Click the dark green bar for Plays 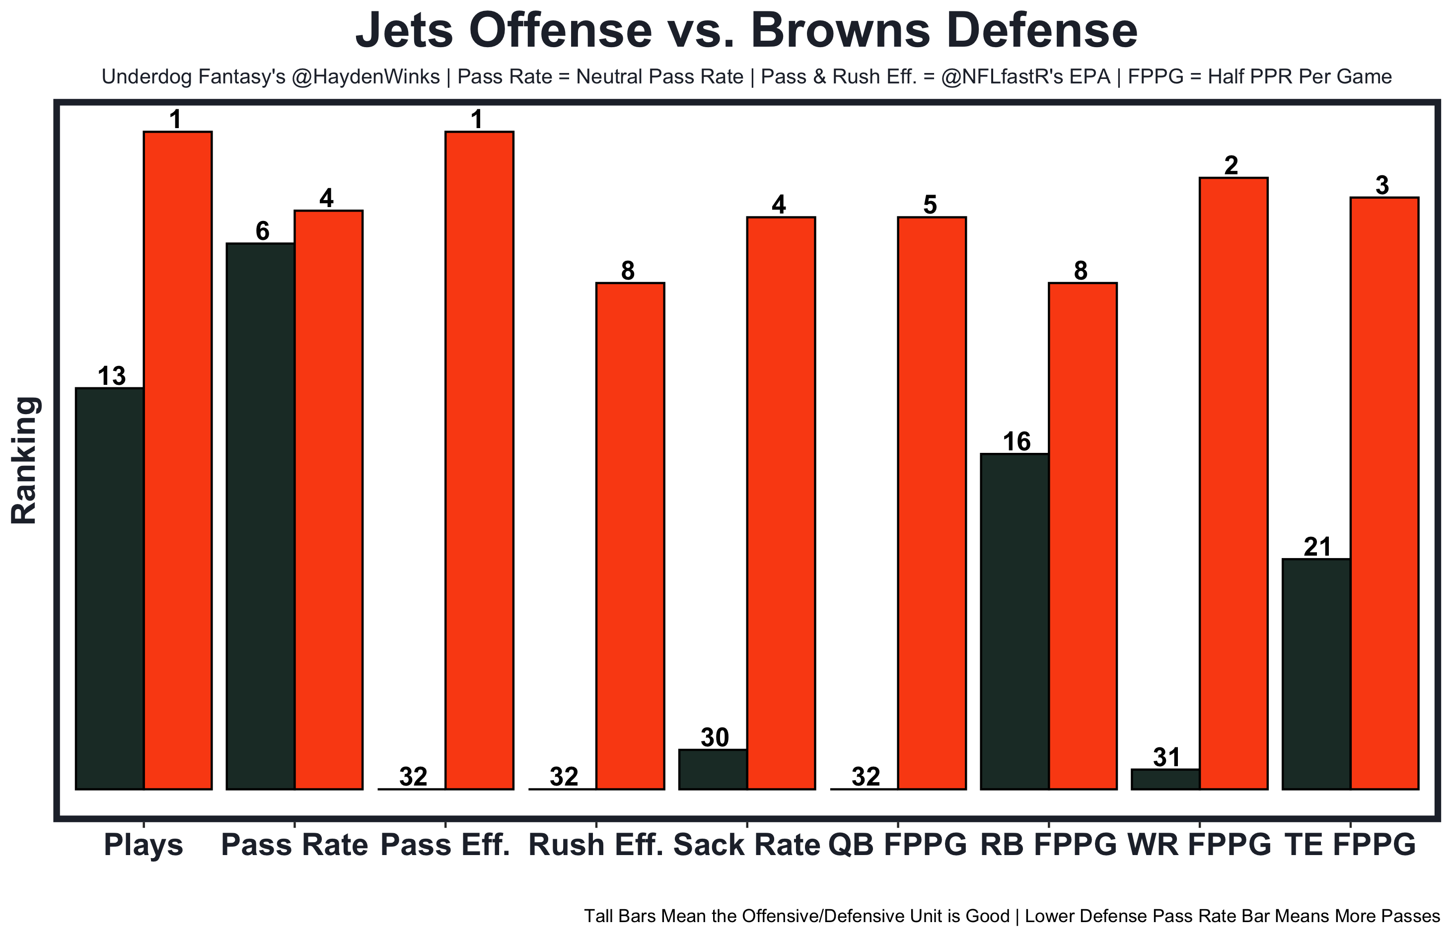tap(109, 588)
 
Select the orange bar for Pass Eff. tap(479, 460)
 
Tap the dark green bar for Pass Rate tap(260, 516)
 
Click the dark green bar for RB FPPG tap(1014, 621)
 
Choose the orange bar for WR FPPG tap(1233, 483)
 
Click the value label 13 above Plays tap(111, 376)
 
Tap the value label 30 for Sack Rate tap(714, 737)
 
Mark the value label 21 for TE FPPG tap(1317, 547)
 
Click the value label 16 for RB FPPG tap(1016, 442)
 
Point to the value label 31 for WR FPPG tap(1166, 758)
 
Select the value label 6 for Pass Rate tap(262, 231)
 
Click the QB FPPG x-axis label tap(897, 845)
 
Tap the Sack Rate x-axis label tap(746, 845)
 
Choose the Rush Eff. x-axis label tap(595, 845)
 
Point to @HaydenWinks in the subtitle tap(365, 76)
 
